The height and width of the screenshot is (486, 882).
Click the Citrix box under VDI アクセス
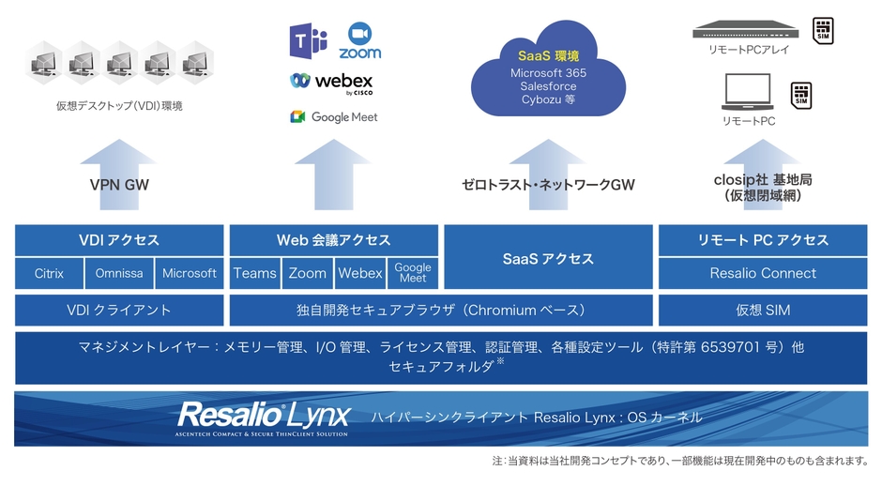[49, 273]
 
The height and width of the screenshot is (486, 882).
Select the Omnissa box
[119, 273]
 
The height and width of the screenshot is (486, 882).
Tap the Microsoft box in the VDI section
[190, 273]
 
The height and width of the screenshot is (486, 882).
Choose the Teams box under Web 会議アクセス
[255, 273]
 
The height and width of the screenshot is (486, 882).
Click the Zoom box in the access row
[308, 273]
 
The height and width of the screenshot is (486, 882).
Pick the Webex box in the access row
[360, 273]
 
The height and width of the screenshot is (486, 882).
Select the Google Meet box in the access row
[412, 273]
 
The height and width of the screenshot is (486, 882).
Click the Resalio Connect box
[762, 273]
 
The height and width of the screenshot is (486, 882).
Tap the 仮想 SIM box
[762, 310]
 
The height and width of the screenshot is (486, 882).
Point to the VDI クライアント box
[119, 310]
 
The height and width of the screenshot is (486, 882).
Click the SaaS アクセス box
[547, 257]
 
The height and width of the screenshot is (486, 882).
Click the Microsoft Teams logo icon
[308, 41]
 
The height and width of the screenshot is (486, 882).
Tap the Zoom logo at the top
[360, 41]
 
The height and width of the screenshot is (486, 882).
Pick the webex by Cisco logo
[332, 83]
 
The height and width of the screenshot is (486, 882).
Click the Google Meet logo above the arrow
[333, 117]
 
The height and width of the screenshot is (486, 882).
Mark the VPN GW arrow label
[119, 185]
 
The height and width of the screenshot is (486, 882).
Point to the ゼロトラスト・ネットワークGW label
[548, 185]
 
